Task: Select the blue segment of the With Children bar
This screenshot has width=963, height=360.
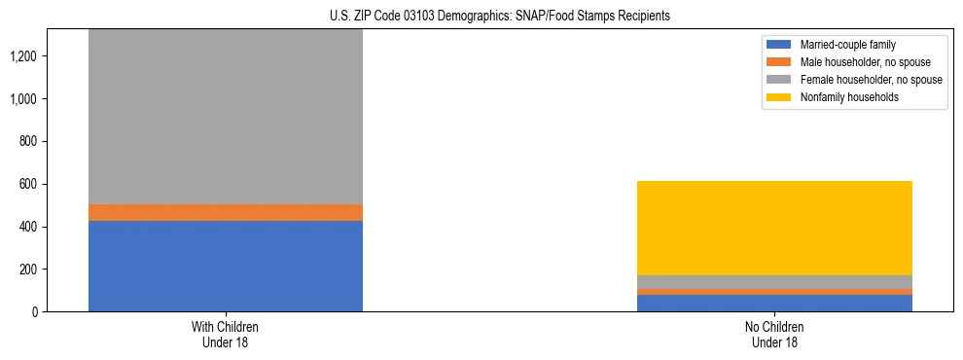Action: [x=226, y=266]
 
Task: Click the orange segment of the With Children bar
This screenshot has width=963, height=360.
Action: [x=226, y=212]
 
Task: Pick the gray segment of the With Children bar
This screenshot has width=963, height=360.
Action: [x=226, y=117]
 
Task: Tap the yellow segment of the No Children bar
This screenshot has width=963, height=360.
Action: [x=774, y=228]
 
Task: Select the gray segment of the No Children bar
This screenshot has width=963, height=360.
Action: [x=774, y=282]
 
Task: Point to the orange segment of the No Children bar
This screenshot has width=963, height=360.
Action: [x=774, y=292]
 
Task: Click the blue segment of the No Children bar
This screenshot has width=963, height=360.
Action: [x=774, y=303]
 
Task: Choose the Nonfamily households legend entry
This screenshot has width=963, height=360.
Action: [x=843, y=97]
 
